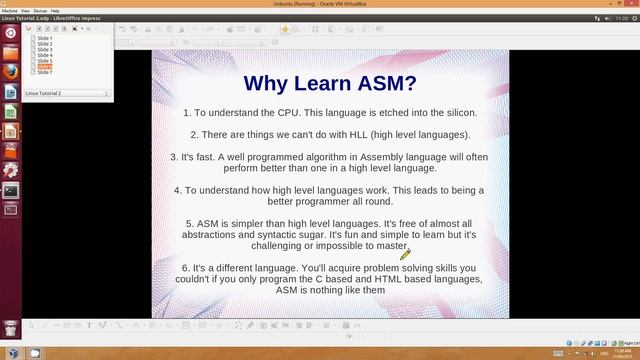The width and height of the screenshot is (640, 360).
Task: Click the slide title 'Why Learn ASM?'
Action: pyautogui.click(x=330, y=82)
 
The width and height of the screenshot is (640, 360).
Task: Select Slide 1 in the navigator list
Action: pyautogui.click(x=45, y=39)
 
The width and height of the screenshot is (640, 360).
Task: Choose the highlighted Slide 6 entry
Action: pyautogui.click(x=45, y=67)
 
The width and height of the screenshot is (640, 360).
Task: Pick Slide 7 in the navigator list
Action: pyautogui.click(x=45, y=72)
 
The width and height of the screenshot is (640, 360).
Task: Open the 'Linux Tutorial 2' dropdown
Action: pyautogui.click(x=66, y=93)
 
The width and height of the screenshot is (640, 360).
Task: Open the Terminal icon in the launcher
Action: pyautogui.click(x=11, y=189)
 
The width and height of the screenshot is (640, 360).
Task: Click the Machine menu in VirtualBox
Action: pyautogui.click(x=13, y=11)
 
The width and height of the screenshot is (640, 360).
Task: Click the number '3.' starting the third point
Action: pyautogui.click(x=174, y=157)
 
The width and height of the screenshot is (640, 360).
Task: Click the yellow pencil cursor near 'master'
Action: pyautogui.click(x=405, y=255)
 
